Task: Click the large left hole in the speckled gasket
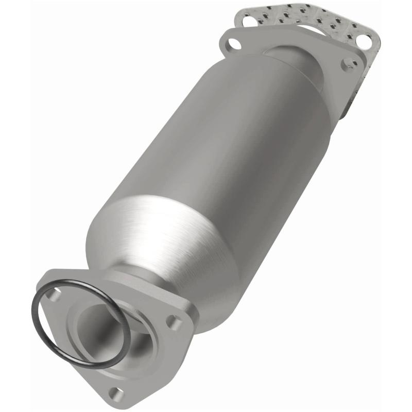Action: click(x=248, y=21)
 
